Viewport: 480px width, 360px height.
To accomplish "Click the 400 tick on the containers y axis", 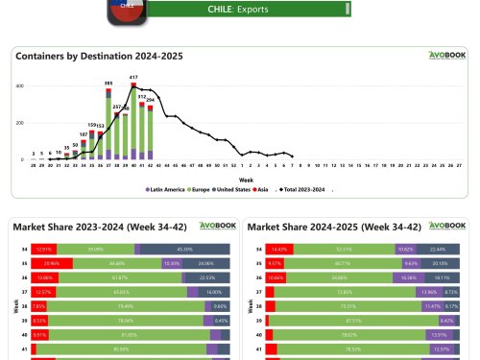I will [20, 86].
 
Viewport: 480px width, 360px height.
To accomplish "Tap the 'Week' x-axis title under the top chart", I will [246, 178].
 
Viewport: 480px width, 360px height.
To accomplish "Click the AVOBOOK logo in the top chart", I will [446, 56].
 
